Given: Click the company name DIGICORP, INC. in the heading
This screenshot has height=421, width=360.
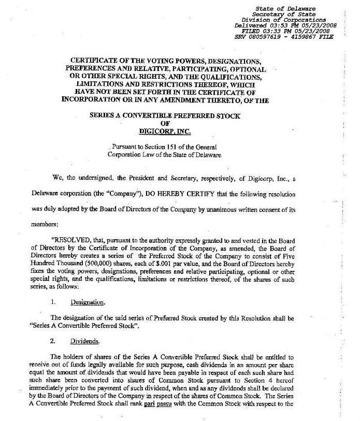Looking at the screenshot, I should click(x=165, y=132).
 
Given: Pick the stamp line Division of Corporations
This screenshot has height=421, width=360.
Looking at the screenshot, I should click(x=286, y=20).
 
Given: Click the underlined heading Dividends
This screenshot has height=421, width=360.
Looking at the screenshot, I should click(x=85, y=342).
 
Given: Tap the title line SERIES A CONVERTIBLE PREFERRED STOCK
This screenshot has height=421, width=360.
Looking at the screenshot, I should click(x=165, y=116).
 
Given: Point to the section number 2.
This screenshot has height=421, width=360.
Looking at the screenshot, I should click(x=52, y=342).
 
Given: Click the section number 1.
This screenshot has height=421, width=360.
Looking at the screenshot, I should click(x=52, y=302).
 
